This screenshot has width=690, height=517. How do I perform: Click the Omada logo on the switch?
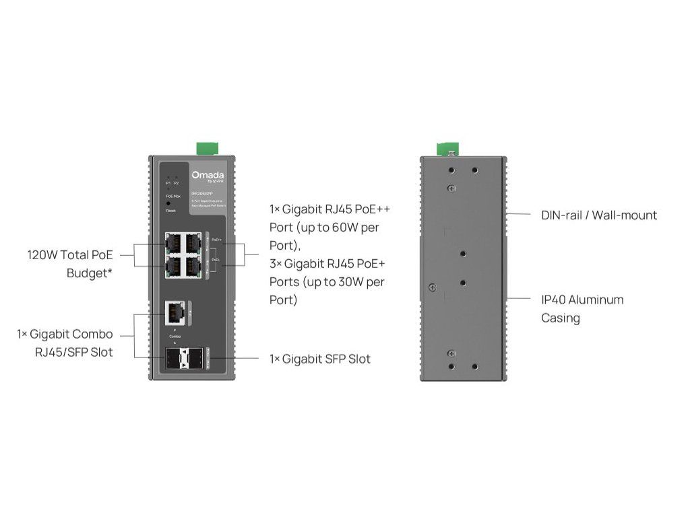[203, 175]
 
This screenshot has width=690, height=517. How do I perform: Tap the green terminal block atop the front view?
[205, 148]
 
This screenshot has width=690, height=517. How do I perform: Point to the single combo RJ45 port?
[175, 311]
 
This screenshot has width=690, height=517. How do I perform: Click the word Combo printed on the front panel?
[175, 335]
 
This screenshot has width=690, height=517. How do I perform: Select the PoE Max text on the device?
[173, 195]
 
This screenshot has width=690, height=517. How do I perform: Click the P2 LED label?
[177, 182]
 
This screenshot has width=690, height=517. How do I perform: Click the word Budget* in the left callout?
[89, 273]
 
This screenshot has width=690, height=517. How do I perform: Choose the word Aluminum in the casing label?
[599, 300]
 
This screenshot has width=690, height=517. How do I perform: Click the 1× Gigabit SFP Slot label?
[320, 359]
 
